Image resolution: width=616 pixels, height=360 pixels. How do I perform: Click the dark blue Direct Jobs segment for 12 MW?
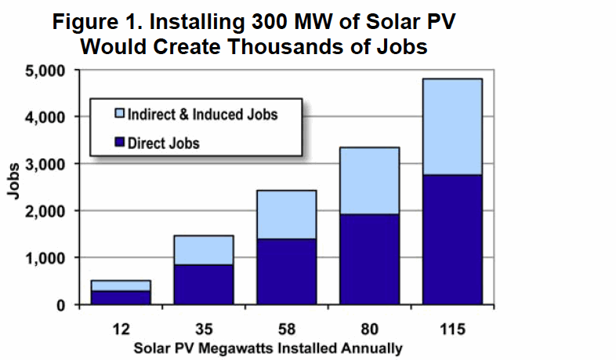121,297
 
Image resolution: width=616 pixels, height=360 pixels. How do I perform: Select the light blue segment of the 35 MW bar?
204,250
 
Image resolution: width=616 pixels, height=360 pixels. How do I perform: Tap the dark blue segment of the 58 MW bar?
286,271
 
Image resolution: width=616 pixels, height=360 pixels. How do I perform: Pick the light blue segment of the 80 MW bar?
369,181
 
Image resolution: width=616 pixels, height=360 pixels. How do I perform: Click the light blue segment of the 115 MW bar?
452,126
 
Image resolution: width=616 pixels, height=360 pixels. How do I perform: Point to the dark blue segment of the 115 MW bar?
452,240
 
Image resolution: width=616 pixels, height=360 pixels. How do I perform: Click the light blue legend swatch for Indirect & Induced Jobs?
119,114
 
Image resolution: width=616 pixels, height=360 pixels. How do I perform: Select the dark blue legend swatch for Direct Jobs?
119,142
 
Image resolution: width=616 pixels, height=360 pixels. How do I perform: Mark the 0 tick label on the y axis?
61,305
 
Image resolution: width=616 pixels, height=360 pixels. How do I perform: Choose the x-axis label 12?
121,329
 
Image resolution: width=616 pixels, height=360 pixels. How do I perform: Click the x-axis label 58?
286,329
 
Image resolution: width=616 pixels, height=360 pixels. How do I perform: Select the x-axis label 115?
452,329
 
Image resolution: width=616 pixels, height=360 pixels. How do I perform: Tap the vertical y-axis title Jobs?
14,181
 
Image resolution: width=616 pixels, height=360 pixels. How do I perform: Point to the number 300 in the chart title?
270,22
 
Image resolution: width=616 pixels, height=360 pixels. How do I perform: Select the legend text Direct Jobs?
164,143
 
